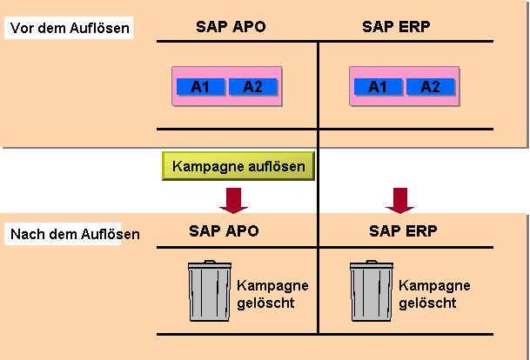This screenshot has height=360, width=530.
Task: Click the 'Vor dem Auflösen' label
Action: click(70, 28)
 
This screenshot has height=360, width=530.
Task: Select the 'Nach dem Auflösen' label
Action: click(75, 234)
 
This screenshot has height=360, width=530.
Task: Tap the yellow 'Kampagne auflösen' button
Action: click(238, 166)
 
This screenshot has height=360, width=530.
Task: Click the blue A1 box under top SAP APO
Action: click(200, 87)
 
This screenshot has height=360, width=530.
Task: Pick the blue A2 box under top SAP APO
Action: click(253, 87)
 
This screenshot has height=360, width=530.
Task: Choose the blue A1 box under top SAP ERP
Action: click(378, 87)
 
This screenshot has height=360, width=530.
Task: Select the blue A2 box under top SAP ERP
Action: click(430, 87)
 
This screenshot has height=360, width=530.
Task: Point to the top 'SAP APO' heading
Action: click(231, 27)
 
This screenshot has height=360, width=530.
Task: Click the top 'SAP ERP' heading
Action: click(396, 27)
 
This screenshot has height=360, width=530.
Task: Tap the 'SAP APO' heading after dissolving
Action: click(224, 231)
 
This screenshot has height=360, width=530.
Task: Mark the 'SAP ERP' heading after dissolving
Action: click(403, 231)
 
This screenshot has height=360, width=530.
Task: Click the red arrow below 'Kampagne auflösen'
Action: click(233, 201)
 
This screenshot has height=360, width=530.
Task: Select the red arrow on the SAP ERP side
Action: click(399, 201)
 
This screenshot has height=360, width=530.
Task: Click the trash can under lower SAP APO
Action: click(210, 290)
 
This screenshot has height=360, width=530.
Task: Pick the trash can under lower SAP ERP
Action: click(372, 290)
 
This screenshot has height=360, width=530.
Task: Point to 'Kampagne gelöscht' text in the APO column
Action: click(272, 294)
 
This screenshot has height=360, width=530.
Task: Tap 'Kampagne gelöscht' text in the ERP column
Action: click(434, 294)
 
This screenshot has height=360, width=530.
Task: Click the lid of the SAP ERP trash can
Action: click(372, 264)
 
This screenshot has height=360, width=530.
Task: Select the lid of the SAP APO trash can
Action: click(210, 264)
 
